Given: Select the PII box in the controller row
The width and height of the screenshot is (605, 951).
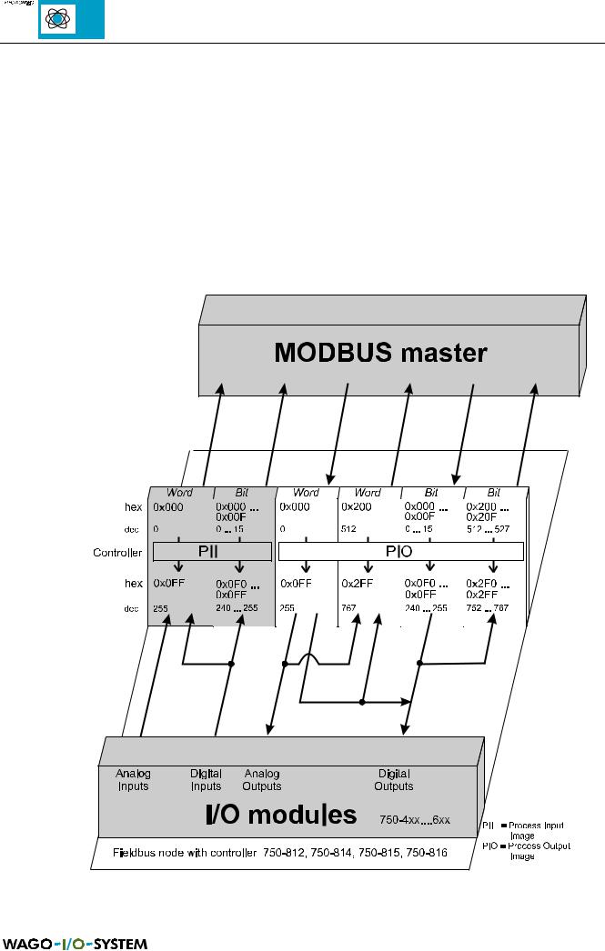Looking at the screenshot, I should point(212,551).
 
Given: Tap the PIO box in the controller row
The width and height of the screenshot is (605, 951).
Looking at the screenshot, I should point(400,551).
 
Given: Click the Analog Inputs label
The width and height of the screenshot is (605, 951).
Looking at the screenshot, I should point(133,780).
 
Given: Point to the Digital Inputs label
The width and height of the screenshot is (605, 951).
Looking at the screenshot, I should point(207,780).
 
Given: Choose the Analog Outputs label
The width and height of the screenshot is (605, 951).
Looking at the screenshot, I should point(262,780).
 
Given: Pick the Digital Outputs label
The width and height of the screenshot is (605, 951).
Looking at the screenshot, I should point(394,780).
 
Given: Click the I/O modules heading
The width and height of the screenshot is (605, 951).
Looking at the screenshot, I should point(280,815).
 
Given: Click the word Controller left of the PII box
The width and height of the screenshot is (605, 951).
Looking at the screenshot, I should point(116,552).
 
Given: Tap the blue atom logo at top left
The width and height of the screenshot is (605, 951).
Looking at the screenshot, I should point(71,20).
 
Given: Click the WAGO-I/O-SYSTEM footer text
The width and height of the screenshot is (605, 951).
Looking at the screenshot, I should point(74,943).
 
